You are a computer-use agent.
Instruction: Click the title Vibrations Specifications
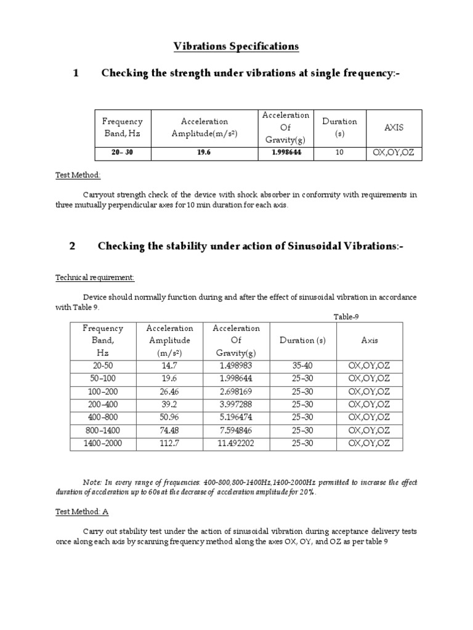tap(236, 46)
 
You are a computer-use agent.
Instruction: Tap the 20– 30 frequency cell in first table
tap(122, 153)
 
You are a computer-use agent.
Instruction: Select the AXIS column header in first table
tap(394, 127)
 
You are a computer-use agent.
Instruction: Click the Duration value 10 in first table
tap(339, 153)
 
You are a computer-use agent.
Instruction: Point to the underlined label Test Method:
tap(78, 175)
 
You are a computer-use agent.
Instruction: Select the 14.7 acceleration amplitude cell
tap(171, 365)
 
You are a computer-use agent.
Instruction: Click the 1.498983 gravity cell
tap(236, 365)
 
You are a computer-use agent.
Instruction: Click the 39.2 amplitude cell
tap(171, 404)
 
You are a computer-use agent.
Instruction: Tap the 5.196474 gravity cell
tap(236, 417)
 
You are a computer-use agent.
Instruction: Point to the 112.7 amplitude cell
tap(171, 443)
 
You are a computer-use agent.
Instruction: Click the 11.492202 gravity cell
tap(236, 443)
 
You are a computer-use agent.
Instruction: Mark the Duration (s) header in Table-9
tap(302, 340)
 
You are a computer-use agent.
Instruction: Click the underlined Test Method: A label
tap(82, 511)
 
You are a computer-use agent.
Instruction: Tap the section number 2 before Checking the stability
tap(72, 247)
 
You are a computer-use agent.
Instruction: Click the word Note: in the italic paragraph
tap(92, 482)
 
